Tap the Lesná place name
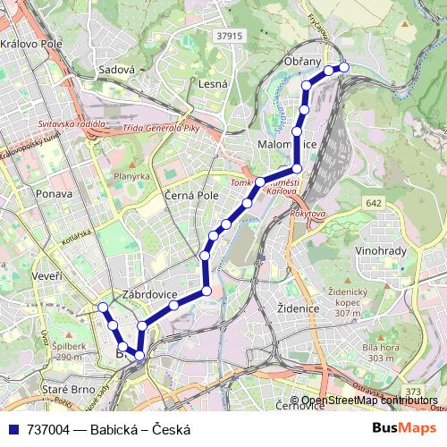click(x=214, y=84)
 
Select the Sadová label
click(x=116, y=69)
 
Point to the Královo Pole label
click(x=32, y=43)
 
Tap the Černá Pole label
click(x=192, y=194)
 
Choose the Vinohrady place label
click(x=382, y=251)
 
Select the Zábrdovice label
click(x=150, y=294)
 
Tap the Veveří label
click(x=46, y=277)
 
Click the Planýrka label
click(x=131, y=176)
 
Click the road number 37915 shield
click(x=229, y=36)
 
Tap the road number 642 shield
click(x=374, y=205)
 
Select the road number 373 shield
click(x=413, y=392)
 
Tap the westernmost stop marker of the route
click(x=102, y=308)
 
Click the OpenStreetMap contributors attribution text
click(x=369, y=401)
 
